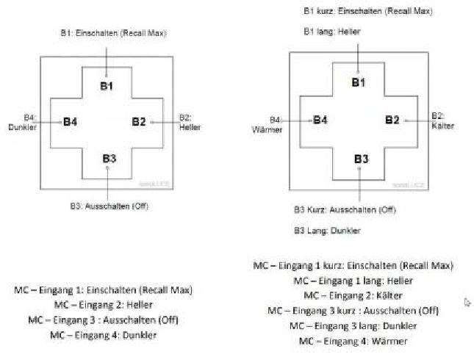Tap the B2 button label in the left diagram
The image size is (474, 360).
pyautogui.click(x=140, y=122)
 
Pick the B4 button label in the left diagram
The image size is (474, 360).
pyautogui.click(x=70, y=122)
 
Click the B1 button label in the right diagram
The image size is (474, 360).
pyautogui.click(x=358, y=82)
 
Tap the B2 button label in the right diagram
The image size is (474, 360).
pyautogui.click(x=392, y=120)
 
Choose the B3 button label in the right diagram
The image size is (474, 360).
pyautogui.click(x=362, y=159)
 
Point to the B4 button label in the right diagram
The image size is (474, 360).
pyautogui.click(x=320, y=120)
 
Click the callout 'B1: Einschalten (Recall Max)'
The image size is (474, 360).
pyautogui.click(x=114, y=34)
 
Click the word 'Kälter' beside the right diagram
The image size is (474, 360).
pyautogui.click(x=442, y=126)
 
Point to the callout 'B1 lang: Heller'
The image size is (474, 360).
pyautogui.click(x=332, y=32)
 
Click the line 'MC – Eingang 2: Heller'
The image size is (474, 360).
pyautogui.click(x=103, y=305)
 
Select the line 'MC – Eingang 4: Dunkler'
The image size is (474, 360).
pyautogui.click(x=104, y=335)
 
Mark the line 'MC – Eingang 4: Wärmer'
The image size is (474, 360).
pyautogui.click(x=353, y=342)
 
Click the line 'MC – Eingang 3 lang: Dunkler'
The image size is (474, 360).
pyautogui.click(x=353, y=326)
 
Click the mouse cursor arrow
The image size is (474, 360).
pyautogui.click(x=467, y=302)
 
